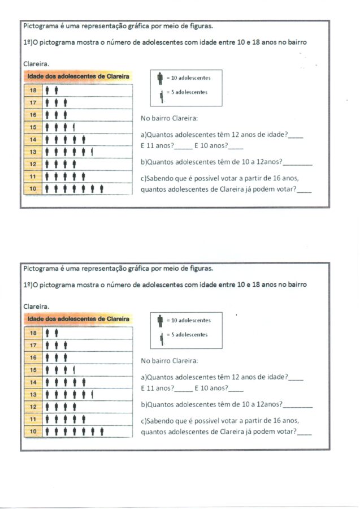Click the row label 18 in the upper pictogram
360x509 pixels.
(x=33, y=90)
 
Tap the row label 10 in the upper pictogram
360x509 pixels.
(x=33, y=189)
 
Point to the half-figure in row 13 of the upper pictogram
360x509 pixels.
(x=92, y=152)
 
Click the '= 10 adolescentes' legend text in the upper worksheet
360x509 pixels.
(x=187, y=77)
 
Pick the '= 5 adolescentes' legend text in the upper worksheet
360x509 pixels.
(x=187, y=92)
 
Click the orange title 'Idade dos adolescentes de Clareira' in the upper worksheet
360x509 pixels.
(x=77, y=76)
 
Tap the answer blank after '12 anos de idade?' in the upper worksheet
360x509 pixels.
(x=295, y=136)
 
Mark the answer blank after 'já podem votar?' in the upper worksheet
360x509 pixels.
(x=303, y=190)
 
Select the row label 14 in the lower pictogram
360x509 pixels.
(x=33, y=382)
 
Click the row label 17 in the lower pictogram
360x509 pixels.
(x=33, y=344)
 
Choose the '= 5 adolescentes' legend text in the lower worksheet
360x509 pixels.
(x=187, y=335)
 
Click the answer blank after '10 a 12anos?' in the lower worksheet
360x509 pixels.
(x=297, y=405)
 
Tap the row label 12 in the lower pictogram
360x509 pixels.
(x=33, y=407)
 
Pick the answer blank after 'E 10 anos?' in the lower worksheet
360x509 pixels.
(x=236, y=389)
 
